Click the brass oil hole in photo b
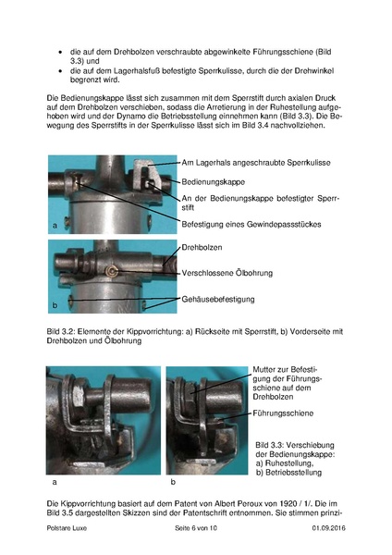(109, 271)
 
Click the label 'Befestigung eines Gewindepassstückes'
(259, 223)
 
